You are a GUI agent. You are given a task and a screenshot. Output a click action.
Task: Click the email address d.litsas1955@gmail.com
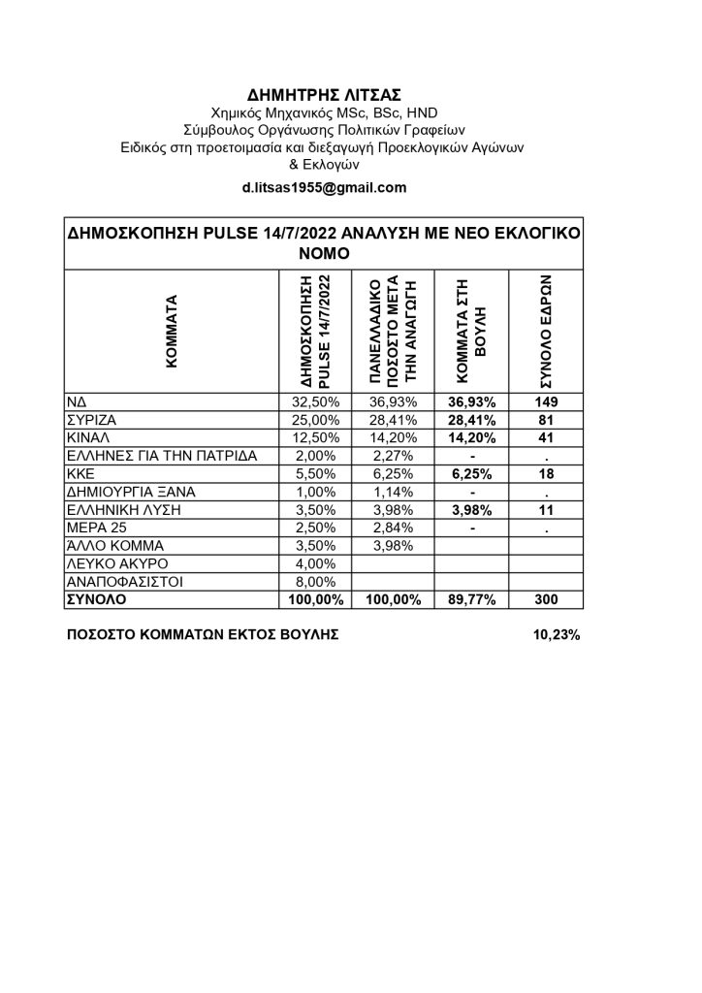coord(324,188)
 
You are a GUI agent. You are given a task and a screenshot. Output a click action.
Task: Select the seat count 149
coord(546,401)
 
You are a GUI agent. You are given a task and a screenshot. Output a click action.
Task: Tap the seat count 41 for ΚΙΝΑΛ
coord(546,438)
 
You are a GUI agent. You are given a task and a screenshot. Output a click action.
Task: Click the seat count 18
coord(546,474)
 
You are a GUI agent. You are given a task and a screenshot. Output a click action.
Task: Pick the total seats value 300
coord(546,600)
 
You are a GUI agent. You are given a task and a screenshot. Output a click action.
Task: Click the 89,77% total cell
coord(472,600)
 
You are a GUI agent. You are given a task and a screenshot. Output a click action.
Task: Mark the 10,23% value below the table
coord(557,635)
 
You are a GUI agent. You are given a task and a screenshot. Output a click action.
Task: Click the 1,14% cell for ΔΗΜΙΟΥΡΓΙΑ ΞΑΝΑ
coord(395,492)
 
